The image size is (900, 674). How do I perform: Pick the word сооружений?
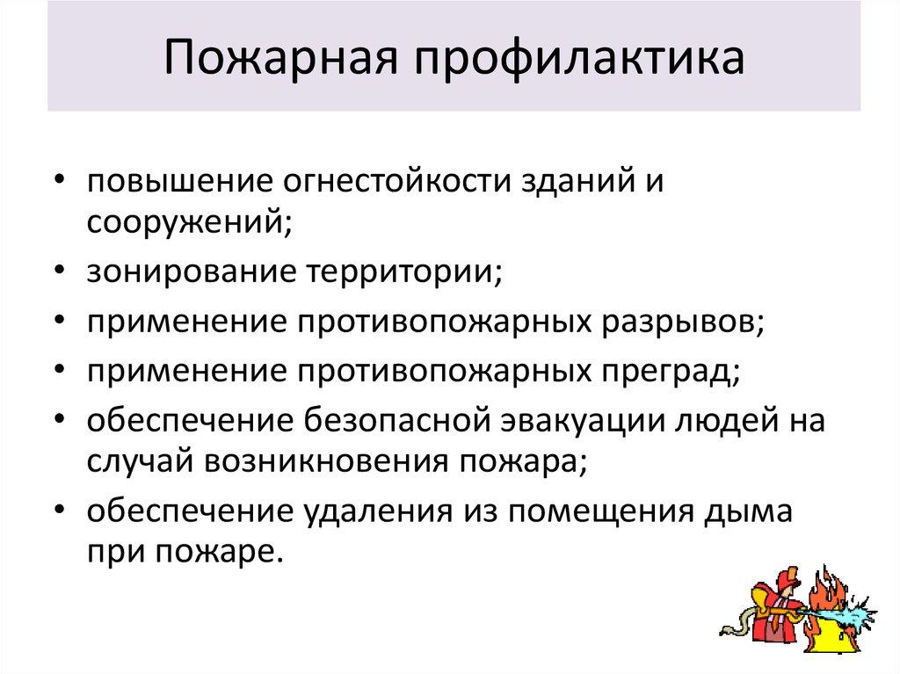pos(188,221)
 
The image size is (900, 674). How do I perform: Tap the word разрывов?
pos(683,321)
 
